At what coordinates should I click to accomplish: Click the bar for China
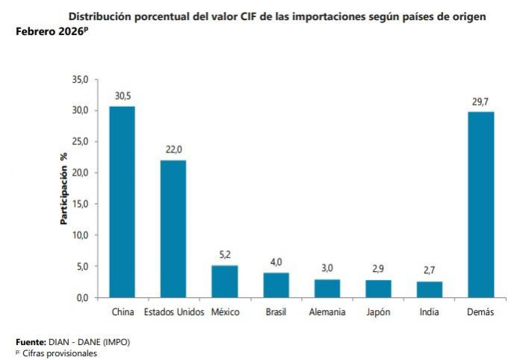122,202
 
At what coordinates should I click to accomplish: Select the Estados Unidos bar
173,229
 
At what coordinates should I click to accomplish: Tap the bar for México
224,281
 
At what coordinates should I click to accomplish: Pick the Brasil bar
276,285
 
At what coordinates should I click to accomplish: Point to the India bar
429,289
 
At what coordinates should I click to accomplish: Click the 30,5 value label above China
123,96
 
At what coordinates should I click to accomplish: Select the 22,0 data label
173,149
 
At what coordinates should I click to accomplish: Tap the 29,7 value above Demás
480,101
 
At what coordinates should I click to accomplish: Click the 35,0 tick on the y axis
80,79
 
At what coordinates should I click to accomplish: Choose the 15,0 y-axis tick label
80,204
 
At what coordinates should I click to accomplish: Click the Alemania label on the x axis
327,312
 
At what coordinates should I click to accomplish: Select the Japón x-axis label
378,312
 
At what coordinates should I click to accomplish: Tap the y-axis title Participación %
64,188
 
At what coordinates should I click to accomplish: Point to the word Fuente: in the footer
31,341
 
